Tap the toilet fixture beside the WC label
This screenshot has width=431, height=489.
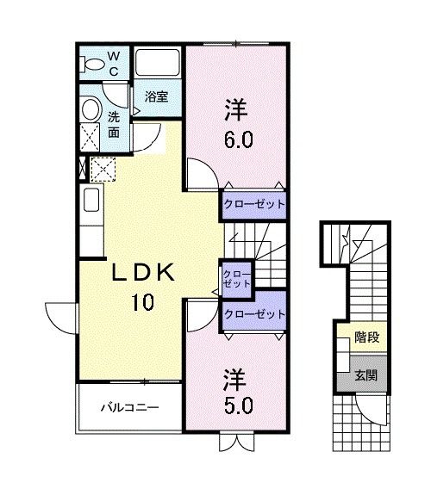[91, 62]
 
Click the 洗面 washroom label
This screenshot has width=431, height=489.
[114, 125]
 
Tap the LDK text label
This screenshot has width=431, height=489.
[143, 275]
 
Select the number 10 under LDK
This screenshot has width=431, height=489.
[143, 302]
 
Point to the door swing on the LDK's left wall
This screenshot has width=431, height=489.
[60, 317]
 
